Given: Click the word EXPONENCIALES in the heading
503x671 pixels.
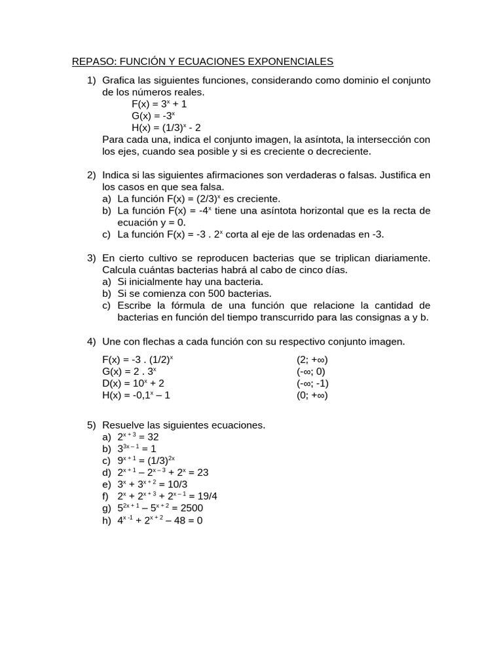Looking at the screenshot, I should click(291, 62).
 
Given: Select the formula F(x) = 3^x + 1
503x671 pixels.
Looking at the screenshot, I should click(159, 104).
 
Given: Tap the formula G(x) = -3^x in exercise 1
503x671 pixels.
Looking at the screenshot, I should click(153, 116).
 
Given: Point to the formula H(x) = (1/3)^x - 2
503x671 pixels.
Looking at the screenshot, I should click(166, 128).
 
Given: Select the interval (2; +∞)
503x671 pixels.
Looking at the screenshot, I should click(312, 360).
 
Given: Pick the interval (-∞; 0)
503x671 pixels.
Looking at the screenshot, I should click(310, 372).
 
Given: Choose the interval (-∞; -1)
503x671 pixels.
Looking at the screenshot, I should click(312, 383).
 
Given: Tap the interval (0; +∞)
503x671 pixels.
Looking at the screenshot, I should click(312, 395).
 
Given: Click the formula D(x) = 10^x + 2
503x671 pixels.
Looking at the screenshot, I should click(134, 383).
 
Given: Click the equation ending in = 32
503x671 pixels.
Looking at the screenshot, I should click(138, 437).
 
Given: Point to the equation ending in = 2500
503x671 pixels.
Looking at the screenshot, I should click(160, 508).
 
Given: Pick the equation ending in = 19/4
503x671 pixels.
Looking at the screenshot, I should click(167, 496).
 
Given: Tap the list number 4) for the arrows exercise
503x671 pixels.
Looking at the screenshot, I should click(92, 341).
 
